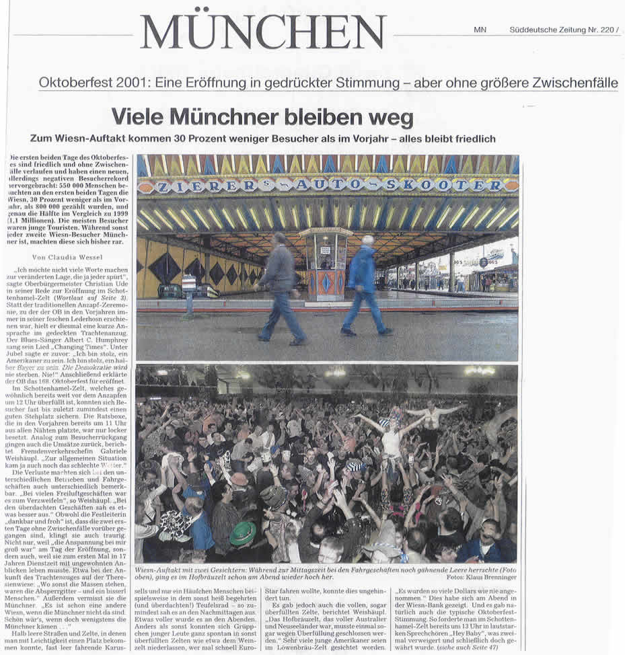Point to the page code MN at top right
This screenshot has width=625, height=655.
click(480, 30)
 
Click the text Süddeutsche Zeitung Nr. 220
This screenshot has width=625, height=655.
click(562, 30)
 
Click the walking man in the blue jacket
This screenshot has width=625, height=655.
click(364, 282)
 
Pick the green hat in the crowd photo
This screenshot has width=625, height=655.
click(243, 533)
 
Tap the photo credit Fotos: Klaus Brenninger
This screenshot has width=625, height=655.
click(481, 578)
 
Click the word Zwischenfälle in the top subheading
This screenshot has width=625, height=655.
click(571, 83)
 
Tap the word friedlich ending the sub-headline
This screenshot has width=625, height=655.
click(472, 139)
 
